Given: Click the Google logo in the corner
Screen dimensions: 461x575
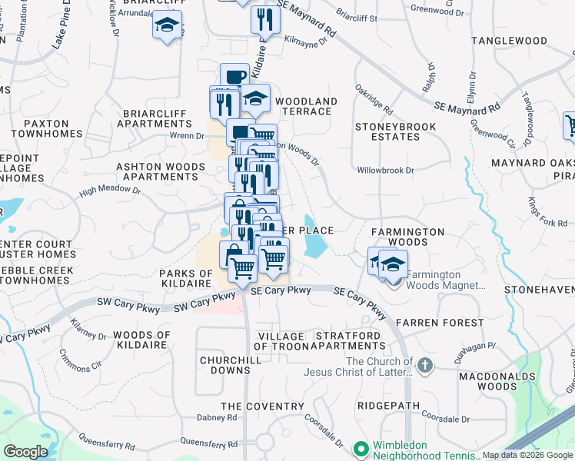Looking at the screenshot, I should click(x=25, y=452).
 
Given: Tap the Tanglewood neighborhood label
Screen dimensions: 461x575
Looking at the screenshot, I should click(x=530, y=41).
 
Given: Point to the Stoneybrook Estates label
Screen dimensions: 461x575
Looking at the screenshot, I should click(x=396, y=131).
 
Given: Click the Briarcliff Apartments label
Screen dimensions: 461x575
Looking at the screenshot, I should click(x=156, y=118).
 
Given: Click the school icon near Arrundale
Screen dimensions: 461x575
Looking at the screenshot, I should click(x=166, y=26).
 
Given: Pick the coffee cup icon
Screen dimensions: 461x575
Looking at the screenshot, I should click(x=235, y=76).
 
